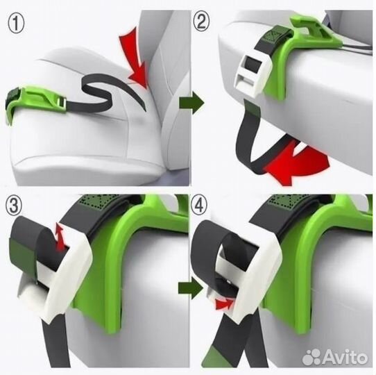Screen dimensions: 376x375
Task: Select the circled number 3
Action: point(14,206)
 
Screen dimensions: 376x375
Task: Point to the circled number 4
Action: point(199,205)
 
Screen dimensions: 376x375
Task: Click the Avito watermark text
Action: point(345,356)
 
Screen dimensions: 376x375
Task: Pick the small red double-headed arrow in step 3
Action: point(60,237)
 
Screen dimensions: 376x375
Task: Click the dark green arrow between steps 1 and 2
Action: point(191,103)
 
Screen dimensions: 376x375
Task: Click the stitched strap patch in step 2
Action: point(277,35)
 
